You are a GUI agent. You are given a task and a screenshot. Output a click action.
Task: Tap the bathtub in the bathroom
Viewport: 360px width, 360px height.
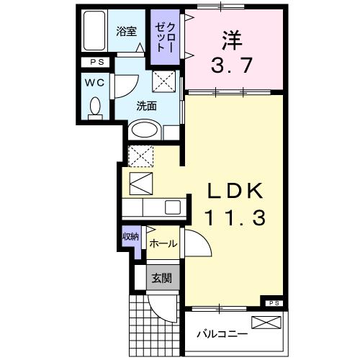pos(94,32)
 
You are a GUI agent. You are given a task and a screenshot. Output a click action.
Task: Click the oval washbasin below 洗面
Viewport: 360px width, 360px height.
pos(145,132)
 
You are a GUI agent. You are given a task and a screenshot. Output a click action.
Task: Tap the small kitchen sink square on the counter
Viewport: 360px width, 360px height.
pos(174,207)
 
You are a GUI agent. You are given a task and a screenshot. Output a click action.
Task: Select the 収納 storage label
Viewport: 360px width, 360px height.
pos(130,236)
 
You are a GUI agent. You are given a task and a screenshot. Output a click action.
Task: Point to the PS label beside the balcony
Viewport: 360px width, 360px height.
pos(274,303)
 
